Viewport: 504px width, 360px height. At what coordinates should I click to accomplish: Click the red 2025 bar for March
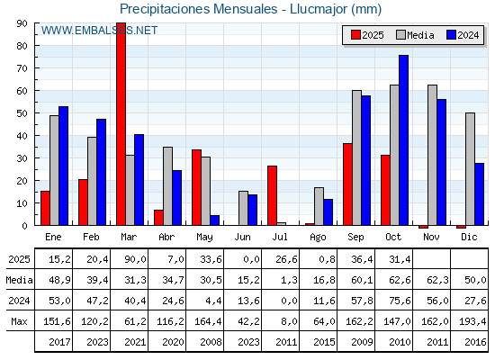[x=121, y=124]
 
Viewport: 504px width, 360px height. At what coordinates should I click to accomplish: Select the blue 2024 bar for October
[x=403, y=139]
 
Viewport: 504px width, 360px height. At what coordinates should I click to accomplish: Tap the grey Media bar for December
[x=470, y=168]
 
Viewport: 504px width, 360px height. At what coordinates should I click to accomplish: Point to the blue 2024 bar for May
[x=215, y=220]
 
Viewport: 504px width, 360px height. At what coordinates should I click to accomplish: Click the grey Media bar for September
[x=356, y=157]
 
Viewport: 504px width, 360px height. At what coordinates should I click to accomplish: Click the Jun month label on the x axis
[x=243, y=236]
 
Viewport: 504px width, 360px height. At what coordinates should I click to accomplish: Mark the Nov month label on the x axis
[x=432, y=236]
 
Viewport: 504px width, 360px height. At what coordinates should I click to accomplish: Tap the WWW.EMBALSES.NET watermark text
[x=100, y=31]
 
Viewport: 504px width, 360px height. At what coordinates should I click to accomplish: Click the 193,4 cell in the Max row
[x=468, y=321]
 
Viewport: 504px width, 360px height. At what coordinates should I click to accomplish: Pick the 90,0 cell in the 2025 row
[x=130, y=259]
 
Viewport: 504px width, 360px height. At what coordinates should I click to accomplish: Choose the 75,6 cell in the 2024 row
[x=393, y=301]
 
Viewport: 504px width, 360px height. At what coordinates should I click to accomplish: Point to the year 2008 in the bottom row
[x=205, y=342]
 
